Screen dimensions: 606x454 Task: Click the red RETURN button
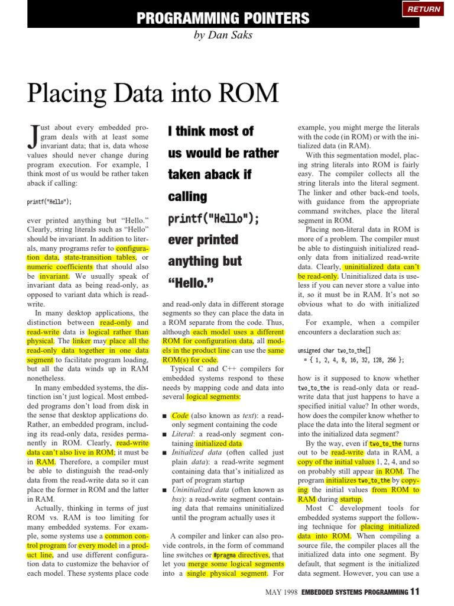point(423,9)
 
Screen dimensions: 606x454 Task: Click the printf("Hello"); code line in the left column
point(49,201)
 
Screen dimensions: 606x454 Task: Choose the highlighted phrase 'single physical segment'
point(227,573)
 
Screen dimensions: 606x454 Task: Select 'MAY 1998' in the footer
point(280,591)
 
